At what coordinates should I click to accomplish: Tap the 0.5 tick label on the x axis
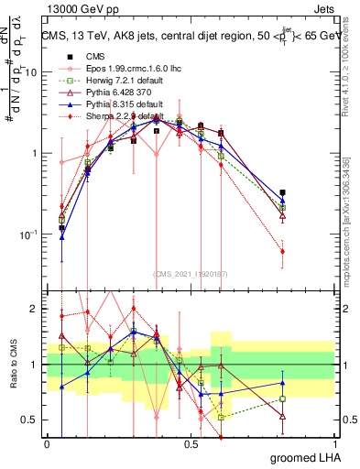tap(191, 442)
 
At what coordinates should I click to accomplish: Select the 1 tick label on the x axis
tap(334, 442)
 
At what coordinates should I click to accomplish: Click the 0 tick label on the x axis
tap(47, 442)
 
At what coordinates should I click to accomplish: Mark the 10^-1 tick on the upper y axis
tap(26, 234)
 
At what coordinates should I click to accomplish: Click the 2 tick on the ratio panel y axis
tap(33, 309)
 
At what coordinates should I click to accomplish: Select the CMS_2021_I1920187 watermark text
tap(191, 274)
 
